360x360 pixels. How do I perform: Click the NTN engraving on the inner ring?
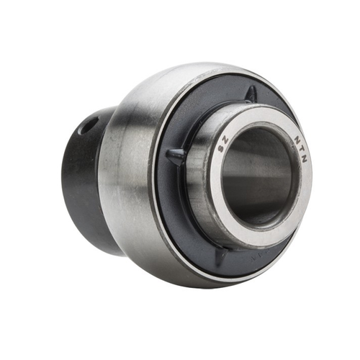298,148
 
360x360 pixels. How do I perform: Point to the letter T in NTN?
299,148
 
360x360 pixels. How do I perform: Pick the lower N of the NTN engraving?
302,160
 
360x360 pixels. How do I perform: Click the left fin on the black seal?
175,154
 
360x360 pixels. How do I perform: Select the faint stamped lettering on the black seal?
256,257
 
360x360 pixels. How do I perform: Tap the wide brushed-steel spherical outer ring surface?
130,180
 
